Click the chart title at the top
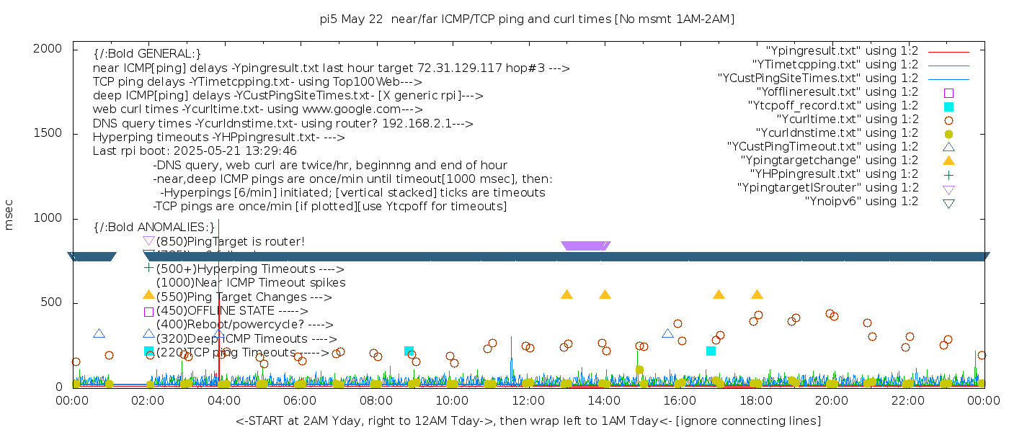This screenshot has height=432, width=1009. [x=527, y=19]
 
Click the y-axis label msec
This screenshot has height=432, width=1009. [x=9, y=215]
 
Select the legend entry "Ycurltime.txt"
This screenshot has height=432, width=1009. [x=847, y=120]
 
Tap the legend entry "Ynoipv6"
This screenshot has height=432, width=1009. [x=861, y=202]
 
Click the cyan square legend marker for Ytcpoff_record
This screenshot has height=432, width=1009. [x=948, y=107]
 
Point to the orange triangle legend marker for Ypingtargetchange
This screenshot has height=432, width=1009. [x=948, y=161]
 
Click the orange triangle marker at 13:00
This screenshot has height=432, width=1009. [x=566, y=294]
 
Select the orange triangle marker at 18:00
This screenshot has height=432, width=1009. [x=757, y=294]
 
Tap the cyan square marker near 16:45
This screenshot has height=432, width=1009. [x=711, y=351]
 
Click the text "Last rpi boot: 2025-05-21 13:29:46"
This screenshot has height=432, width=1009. [x=195, y=151]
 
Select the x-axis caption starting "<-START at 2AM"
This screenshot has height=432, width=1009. [x=528, y=420]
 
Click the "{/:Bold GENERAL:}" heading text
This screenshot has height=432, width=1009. [x=147, y=54]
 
